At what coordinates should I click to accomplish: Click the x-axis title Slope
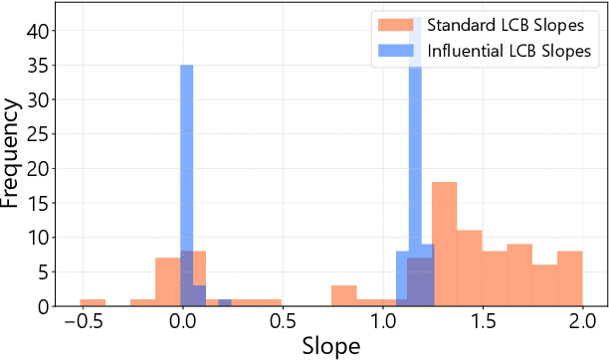[331, 345]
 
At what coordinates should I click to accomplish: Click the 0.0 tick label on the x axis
[182, 322]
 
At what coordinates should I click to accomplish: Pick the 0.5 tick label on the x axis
[282, 322]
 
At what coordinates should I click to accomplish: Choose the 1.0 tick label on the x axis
[382, 322]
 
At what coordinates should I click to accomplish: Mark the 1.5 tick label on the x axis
[482, 322]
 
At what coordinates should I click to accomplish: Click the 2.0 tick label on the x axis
[582, 322]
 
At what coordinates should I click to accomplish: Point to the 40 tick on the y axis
[37, 31]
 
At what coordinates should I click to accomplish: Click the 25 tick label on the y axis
[37, 134]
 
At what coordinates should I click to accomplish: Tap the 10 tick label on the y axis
[37, 238]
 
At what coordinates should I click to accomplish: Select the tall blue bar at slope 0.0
[186, 179]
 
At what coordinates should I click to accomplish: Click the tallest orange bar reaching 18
[444, 244]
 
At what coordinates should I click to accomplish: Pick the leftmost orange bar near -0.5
[93, 302]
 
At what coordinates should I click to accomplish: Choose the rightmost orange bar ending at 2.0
[569, 278]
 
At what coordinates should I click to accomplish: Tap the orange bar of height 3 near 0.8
[344, 295]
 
